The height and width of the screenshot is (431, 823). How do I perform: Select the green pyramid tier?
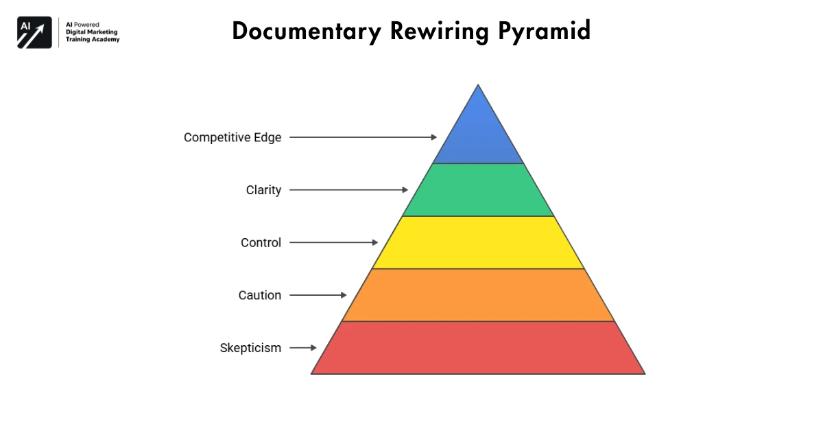(478, 190)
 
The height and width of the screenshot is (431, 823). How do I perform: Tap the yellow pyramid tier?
(478, 242)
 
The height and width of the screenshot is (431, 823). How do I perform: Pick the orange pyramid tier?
(478, 295)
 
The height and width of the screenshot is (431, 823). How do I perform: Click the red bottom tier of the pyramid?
(478, 348)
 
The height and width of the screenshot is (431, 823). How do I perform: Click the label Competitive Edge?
(232, 137)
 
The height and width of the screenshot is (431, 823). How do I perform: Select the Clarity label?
(263, 190)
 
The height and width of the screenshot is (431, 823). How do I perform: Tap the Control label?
(261, 242)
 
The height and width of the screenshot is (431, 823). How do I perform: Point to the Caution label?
(260, 295)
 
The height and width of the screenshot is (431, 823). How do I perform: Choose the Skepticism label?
(250, 348)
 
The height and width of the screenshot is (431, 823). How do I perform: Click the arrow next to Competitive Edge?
(363, 137)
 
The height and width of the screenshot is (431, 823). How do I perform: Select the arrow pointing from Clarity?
(348, 190)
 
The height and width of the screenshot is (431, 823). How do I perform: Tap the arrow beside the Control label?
(333, 242)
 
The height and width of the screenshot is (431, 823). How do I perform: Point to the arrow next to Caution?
(318, 295)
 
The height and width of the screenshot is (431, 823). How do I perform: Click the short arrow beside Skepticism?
(303, 348)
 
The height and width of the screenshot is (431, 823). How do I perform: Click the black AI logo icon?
(34, 32)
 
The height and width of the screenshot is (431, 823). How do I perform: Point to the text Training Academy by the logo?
(93, 40)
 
